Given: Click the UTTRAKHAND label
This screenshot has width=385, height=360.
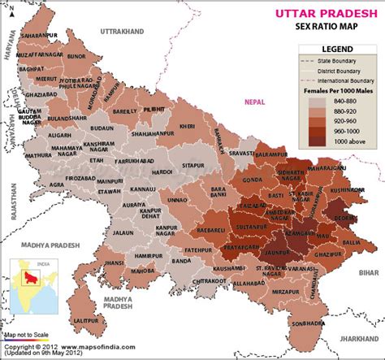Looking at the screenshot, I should point(120,30).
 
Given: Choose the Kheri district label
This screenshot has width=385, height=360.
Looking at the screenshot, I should point(188,127).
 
